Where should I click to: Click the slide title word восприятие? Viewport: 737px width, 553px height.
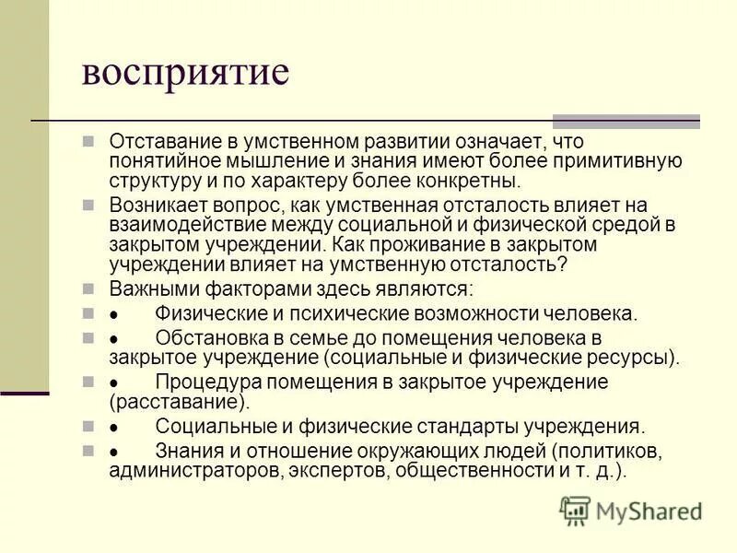pos(185,73)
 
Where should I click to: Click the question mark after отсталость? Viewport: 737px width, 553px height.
pos(563,265)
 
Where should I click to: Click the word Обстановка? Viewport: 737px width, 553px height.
pos(210,337)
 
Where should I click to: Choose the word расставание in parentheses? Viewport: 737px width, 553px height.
pos(178,402)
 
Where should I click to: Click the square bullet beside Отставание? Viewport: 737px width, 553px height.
pos(88,143)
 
